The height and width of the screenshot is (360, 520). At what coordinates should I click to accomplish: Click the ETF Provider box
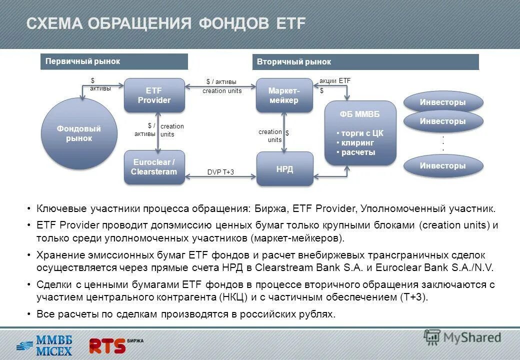(x=154, y=95)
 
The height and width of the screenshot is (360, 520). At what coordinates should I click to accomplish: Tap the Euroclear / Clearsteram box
(x=154, y=167)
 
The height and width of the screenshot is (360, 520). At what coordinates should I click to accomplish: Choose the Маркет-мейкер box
(x=284, y=95)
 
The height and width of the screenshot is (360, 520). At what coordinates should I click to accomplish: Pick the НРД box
(x=284, y=169)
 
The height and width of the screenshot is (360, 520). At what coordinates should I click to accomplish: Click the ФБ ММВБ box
(x=360, y=132)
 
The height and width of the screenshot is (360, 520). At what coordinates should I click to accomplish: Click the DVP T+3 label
(x=220, y=172)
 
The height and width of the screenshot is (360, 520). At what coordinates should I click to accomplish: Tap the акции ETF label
(x=335, y=80)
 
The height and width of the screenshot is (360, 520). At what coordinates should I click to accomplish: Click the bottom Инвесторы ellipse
(x=442, y=165)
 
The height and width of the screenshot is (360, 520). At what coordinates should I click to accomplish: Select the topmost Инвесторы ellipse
(x=442, y=102)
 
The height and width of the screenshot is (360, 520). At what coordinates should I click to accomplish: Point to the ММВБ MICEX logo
(x=45, y=345)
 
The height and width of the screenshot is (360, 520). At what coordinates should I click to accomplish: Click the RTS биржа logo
(x=115, y=345)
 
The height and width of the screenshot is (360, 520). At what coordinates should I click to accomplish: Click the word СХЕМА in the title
(x=54, y=23)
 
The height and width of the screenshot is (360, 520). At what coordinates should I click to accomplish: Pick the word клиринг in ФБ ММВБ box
(x=358, y=143)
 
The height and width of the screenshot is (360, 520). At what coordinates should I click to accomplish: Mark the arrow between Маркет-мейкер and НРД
(x=284, y=132)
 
